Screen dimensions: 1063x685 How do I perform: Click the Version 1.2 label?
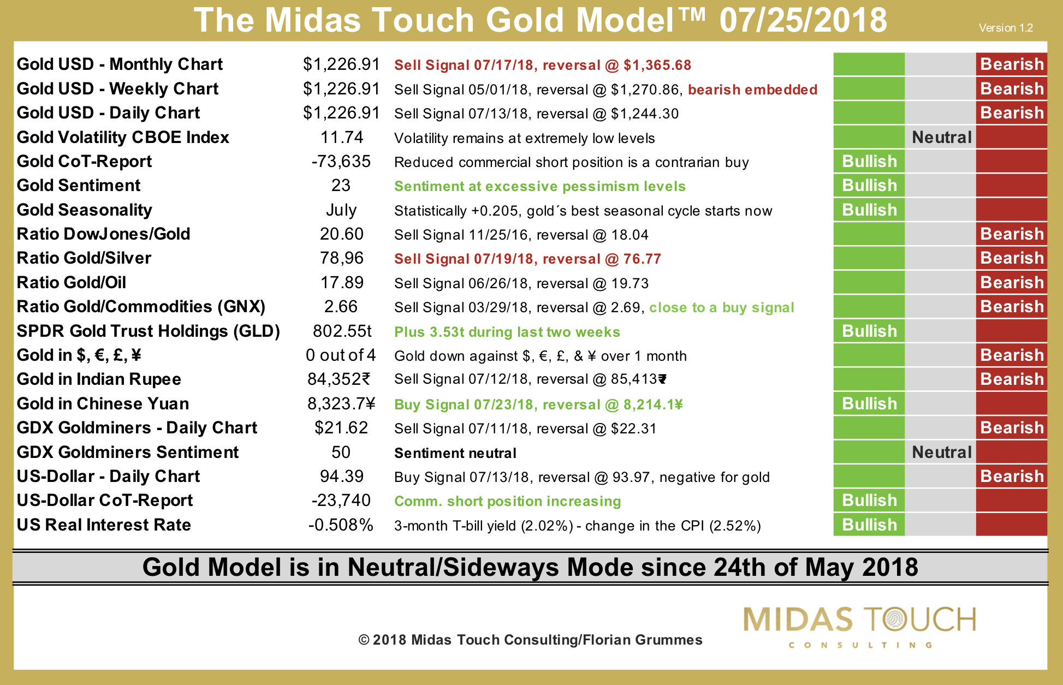tap(1006, 28)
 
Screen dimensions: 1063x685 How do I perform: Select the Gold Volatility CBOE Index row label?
tap(123, 138)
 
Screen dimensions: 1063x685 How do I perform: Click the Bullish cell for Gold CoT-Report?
tap(869, 162)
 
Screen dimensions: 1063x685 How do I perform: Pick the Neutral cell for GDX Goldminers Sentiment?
tap(941, 452)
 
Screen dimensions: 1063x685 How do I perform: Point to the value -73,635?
tap(341, 162)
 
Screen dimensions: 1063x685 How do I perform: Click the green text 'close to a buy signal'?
tap(722, 307)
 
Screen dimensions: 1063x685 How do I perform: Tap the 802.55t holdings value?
tap(342, 331)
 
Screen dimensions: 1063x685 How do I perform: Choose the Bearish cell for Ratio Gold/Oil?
tap(1012, 283)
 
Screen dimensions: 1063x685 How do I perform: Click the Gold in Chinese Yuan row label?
tap(103, 404)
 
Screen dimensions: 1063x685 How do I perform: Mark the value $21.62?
tap(342, 428)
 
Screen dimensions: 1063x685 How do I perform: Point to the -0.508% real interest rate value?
tap(341, 525)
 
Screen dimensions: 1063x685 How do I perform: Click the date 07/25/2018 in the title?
tap(803, 20)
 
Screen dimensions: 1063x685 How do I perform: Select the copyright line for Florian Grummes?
tap(530, 640)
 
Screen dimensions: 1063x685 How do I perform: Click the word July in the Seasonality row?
tap(341, 210)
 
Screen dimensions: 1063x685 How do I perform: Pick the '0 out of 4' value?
tap(341, 355)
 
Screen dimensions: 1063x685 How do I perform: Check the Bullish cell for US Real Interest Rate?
tap(869, 525)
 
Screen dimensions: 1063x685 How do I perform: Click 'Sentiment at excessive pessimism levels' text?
tap(540, 186)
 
